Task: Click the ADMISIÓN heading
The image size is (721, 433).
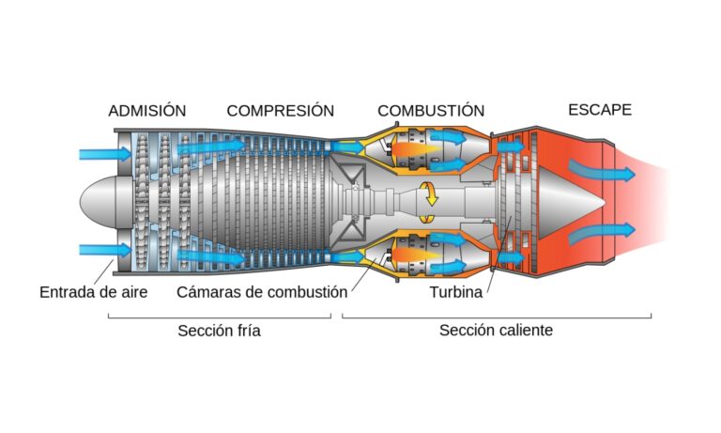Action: pyautogui.click(x=147, y=111)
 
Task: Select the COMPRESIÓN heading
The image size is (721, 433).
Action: pyautogui.click(x=281, y=111)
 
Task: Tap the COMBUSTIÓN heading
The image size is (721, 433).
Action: pyautogui.click(x=431, y=111)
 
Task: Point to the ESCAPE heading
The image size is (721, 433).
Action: pyautogui.click(x=600, y=110)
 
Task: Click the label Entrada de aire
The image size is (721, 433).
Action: pyautogui.click(x=93, y=292)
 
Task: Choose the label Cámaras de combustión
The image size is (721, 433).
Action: pyautogui.click(x=262, y=292)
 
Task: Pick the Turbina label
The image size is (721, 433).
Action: pyautogui.click(x=456, y=292)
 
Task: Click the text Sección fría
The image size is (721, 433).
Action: pyautogui.click(x=219, y=331)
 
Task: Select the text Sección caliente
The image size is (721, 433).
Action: pyautogui.click(x=496, y=331)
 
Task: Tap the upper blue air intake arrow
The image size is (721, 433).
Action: pyautogui.click(x=105, y=154)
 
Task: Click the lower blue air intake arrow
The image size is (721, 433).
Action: pyautogui.click(x=105, y=250)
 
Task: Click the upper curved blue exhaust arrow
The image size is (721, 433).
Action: pyautogui.click(x=602, y=171)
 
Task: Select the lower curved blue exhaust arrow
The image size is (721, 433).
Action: pyautogui.click(x=602, y=232)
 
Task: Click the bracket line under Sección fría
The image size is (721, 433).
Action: pyautogui.click(x=220, y=317)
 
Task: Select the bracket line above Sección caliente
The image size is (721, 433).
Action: pyautogui.click(x=497, y=317)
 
